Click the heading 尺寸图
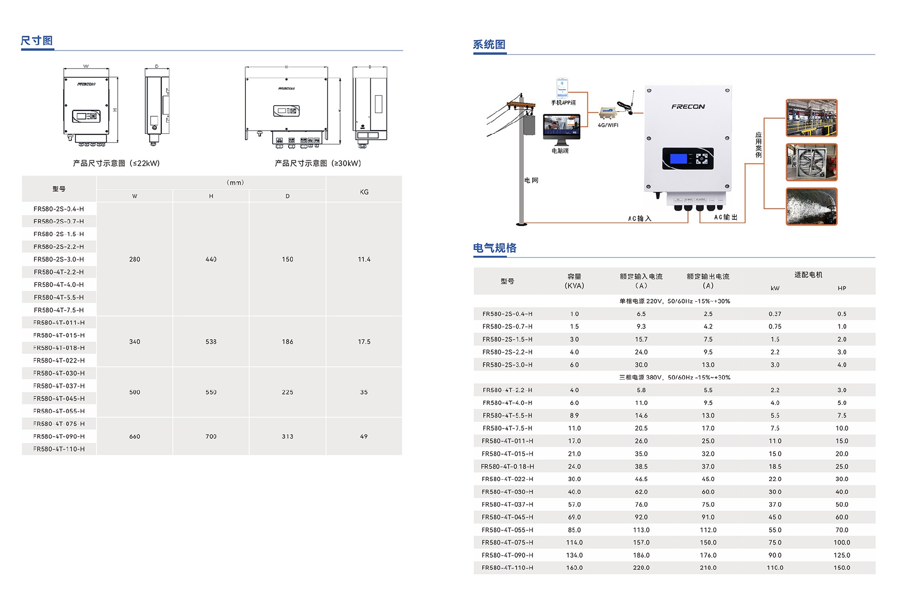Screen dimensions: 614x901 37,41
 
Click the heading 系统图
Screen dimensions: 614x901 489,45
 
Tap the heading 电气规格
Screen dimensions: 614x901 495,248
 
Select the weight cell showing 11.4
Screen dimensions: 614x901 364,259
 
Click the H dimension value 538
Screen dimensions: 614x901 211,342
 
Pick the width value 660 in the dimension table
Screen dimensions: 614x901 135,436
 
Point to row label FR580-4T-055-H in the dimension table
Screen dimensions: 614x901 59,411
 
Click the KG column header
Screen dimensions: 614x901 364,192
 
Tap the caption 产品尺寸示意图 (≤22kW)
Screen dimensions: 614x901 116,163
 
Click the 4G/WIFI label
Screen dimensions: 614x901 608,125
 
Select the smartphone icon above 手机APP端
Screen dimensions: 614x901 562,88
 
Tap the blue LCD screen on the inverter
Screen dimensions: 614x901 678,158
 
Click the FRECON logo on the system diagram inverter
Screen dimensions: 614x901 688,107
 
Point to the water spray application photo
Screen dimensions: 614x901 811,207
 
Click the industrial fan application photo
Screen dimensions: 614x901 811,163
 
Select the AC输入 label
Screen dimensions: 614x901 640,218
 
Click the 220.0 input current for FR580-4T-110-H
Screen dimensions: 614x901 641,567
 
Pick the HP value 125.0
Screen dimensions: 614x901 841,555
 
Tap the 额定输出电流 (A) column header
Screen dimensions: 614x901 708,281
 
